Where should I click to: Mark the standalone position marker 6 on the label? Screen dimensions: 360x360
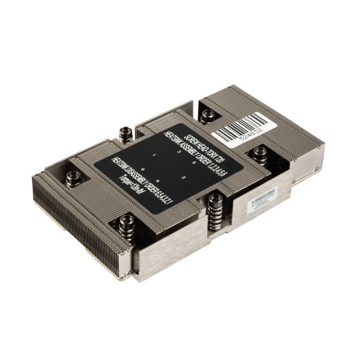141,170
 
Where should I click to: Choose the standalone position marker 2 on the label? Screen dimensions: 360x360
184,177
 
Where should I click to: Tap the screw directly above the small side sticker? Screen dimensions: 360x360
260,153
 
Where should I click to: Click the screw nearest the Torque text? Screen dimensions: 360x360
126,222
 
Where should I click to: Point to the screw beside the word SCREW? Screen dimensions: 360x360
124,135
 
